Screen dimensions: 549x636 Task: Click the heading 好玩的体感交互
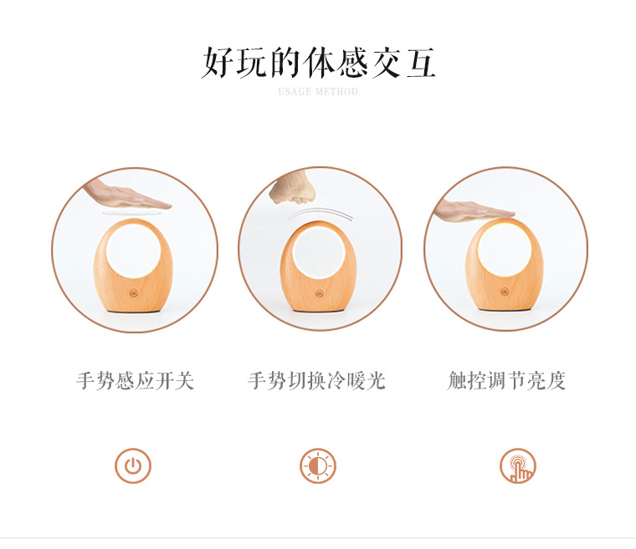[x=318, y=63]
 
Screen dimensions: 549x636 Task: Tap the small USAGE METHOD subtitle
[x=318, y=92]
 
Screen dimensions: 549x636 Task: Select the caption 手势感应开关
[x=135, y=381]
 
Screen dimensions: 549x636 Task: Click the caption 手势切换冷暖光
[x=317, y=381]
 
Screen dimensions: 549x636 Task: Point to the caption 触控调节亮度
[x=506, y=381]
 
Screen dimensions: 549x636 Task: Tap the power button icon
[x=133, y=465]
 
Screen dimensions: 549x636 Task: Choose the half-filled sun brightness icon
[x=318, y=465]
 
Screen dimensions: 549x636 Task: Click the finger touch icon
[x=518, y=465]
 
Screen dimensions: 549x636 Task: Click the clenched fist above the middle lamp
[x=294, y=188]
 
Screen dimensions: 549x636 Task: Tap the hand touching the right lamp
[x=473, y=209]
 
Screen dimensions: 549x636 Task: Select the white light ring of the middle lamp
[x=318, y=255]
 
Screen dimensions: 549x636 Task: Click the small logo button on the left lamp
[x=132, y=293]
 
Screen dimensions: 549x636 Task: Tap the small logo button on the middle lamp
[x=319, y=293]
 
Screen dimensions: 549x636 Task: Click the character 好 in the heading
[x=218, y=63]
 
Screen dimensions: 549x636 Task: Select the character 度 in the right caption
[x=556, y=381]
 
